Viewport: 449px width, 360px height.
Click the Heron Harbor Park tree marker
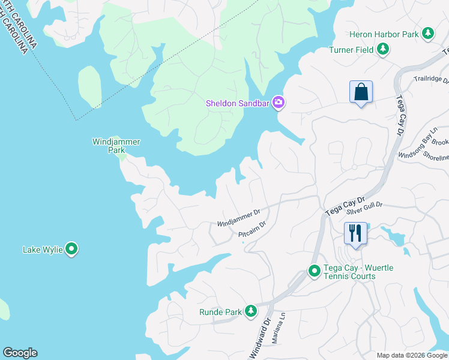[x=428, y=34]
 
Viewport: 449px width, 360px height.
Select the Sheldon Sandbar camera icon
[x=278, y=103]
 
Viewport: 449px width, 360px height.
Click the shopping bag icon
[x=361, y=92]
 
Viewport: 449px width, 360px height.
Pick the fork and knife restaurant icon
[x=355, y=233]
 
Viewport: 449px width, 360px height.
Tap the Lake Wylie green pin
[x=71, y=249]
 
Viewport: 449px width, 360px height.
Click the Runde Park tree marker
[x=250, y=311]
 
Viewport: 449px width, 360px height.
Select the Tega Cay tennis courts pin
[x=314, y=271]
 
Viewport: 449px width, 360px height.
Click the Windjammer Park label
[x=116, y=146]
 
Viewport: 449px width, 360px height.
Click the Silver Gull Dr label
[x=364, y=208]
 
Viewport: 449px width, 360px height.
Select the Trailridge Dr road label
[x=430, y=79]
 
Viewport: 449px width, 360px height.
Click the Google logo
[x=20, y=353]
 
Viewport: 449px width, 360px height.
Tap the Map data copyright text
[x=411, y=355]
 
